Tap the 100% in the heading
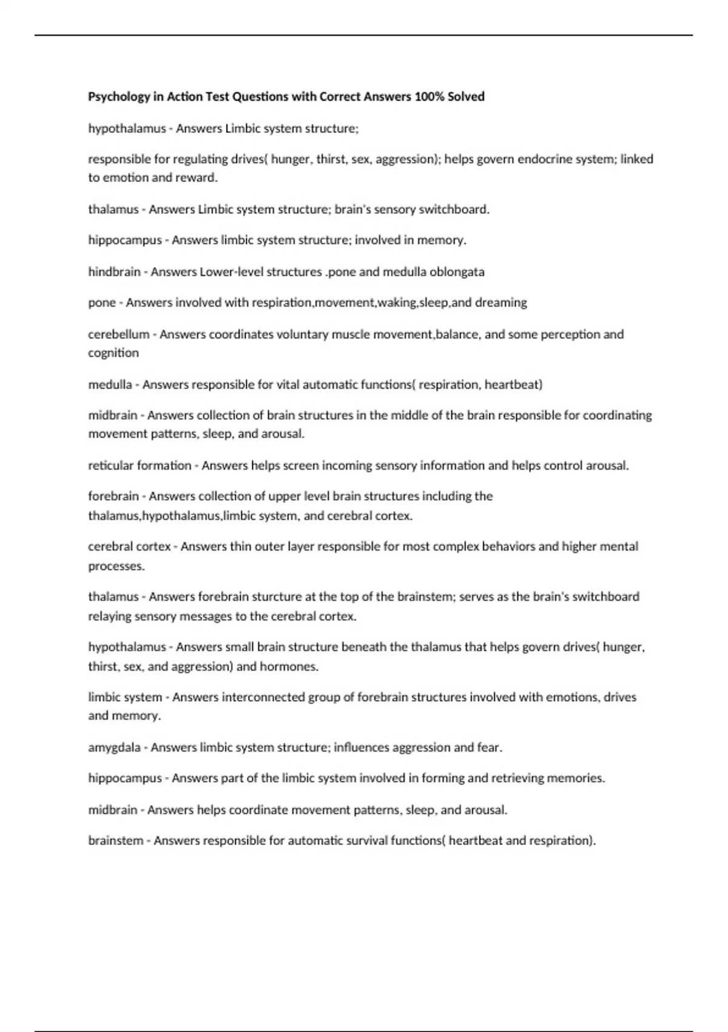430,97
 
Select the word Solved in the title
466,97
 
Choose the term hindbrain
114,272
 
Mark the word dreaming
500,302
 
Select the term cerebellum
118,334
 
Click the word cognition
113,353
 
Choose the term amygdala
114,748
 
